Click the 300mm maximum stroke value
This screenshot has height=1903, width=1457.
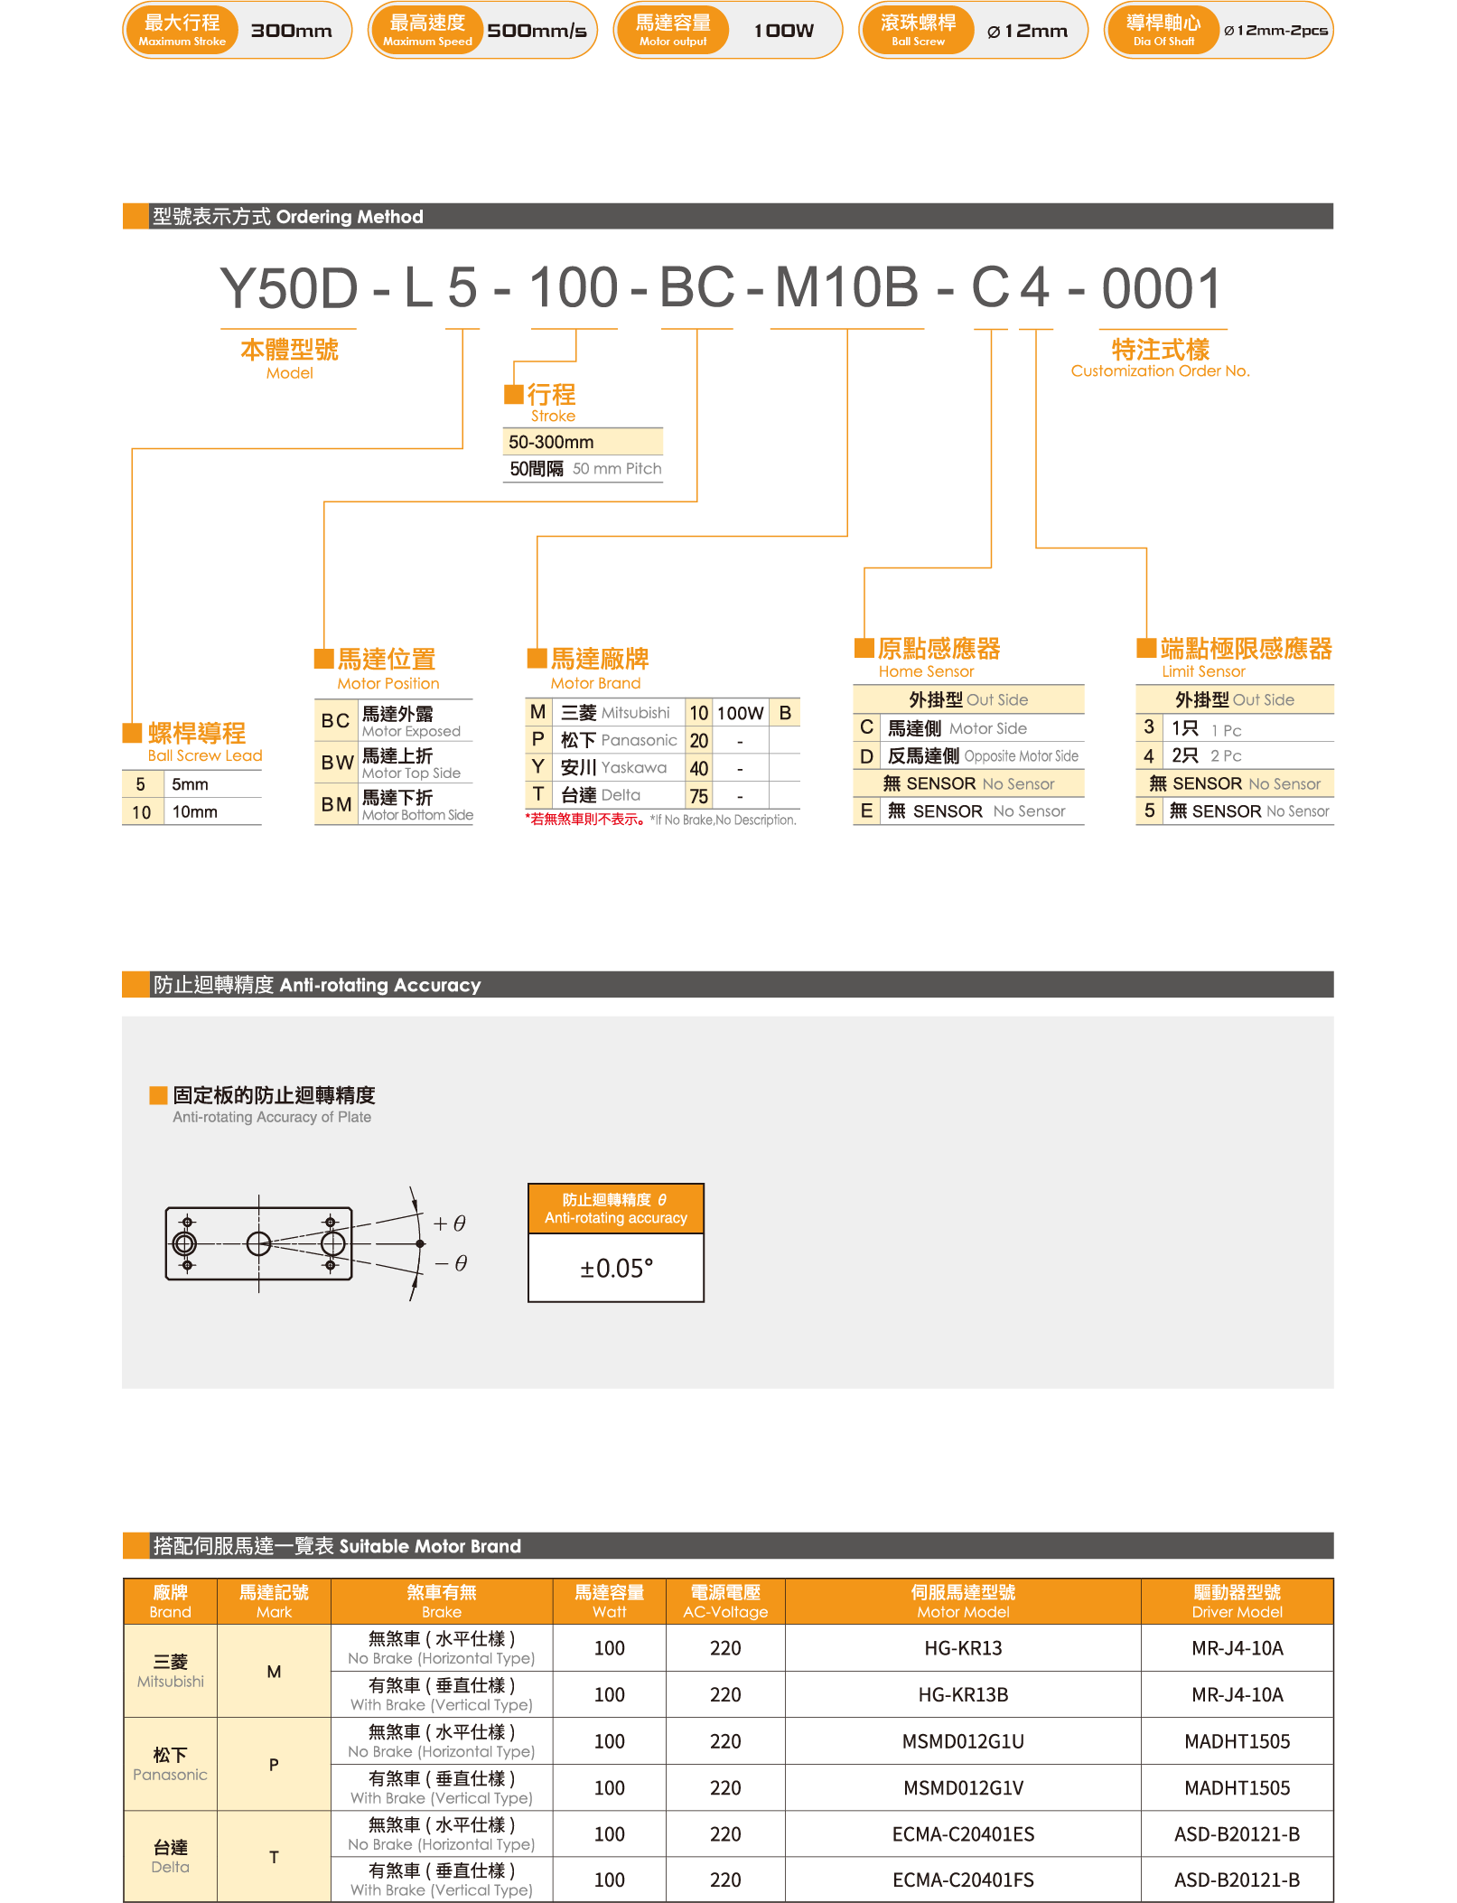pos(291,31)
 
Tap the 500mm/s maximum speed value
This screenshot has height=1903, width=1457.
pos(537,31)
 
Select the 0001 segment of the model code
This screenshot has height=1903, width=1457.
pos(1162,288)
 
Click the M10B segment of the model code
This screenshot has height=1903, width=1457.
pos(847,288)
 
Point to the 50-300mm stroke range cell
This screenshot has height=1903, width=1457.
pos(583,442)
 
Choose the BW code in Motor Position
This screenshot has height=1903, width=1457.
pos(337,763)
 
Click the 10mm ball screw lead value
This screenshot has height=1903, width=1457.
pos(195,811)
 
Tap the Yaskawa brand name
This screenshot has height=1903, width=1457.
pos(633,767)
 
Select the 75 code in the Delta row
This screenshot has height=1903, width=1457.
pos(699,796)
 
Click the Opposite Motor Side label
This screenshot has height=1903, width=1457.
pos(1021,755)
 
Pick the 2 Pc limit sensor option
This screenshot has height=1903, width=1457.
pos(1226,755)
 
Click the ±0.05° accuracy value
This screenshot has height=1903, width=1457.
pos(616,1269)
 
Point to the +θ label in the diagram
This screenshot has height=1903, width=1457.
pos(450,1223)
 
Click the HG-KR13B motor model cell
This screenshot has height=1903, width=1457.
pos(963,1694)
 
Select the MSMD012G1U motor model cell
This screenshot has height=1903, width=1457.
pos(963,1741)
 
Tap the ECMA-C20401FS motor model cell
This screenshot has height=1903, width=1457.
pos(963,1880)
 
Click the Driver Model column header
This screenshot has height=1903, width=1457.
pos(1237,1601)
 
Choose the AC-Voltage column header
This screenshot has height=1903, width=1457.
pos(725,1601)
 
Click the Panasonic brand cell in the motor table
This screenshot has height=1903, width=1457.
pos(170,1764)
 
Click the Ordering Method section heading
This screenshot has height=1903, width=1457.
pos(288,217)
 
